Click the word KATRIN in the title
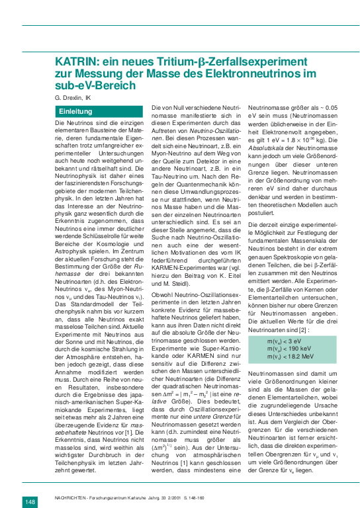point(74,62)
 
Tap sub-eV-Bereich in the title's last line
point(95,85)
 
